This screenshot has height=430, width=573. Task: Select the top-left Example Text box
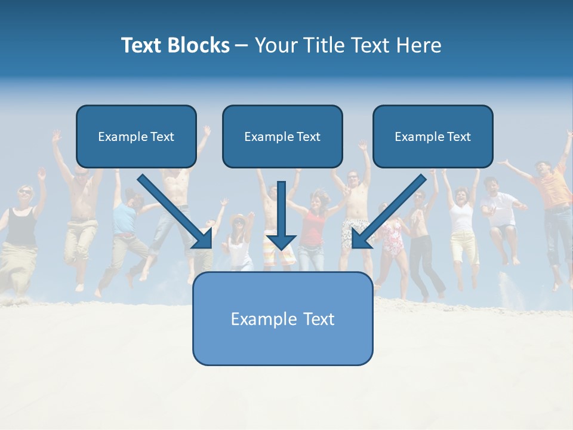136,136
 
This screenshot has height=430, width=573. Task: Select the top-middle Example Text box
282,136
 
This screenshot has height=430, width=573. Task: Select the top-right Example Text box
433,136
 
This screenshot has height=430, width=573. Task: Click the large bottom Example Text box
282,319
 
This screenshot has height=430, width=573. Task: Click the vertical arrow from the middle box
281,215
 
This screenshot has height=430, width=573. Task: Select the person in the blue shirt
124,218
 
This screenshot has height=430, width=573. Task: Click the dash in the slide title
242,45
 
